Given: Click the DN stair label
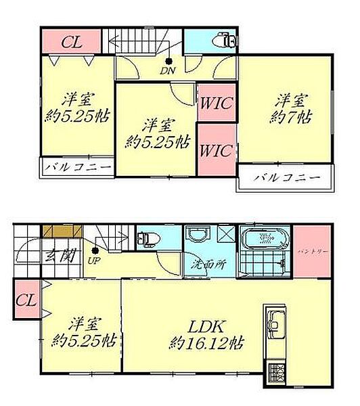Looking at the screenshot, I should tap(168, 70).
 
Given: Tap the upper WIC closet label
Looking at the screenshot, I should tap(216, 104).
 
